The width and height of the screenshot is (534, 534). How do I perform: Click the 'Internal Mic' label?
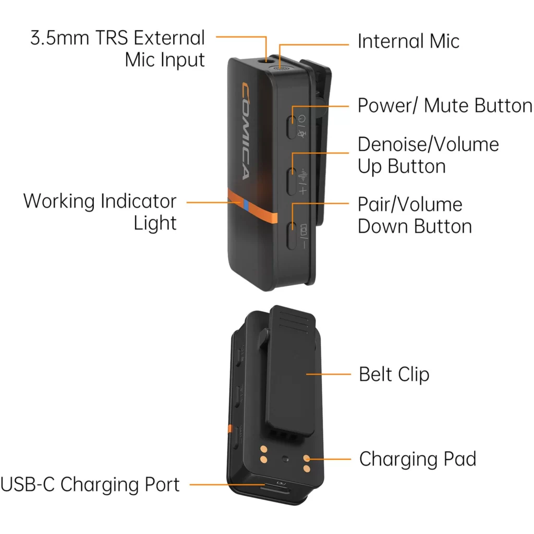point(408,41)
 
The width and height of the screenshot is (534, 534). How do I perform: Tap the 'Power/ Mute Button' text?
point(444,105)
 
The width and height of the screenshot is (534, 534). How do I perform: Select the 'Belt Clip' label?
point(394,374)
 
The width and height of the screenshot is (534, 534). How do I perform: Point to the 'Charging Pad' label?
point(418,459)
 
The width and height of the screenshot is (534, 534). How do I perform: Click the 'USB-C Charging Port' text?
point(90,484)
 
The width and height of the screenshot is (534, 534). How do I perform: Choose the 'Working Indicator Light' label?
point(100,212)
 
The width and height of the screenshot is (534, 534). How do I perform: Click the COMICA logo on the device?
point(246,130)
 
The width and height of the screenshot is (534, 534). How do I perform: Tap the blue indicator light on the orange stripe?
point(246,204)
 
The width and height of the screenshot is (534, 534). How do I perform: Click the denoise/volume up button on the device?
point(292,181)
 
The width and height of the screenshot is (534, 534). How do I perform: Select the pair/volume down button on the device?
point(291,235)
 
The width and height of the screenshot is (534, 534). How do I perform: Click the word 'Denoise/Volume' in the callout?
point(429,144)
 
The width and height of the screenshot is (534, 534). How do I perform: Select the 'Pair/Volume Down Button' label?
point(415,215)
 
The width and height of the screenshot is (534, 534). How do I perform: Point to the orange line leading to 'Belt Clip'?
point(329,374)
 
